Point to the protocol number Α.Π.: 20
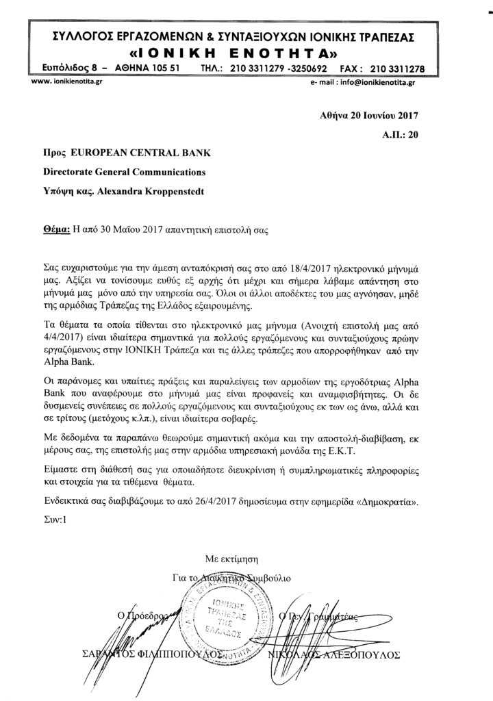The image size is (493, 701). click(x=400, y=136)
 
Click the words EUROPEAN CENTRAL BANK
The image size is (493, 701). click(x=134, y=156)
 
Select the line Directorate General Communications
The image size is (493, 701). click(x=123, y=174)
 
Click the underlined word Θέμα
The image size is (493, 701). click(x=55, y=231)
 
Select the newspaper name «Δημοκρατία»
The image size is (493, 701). click(x=392, y=500)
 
